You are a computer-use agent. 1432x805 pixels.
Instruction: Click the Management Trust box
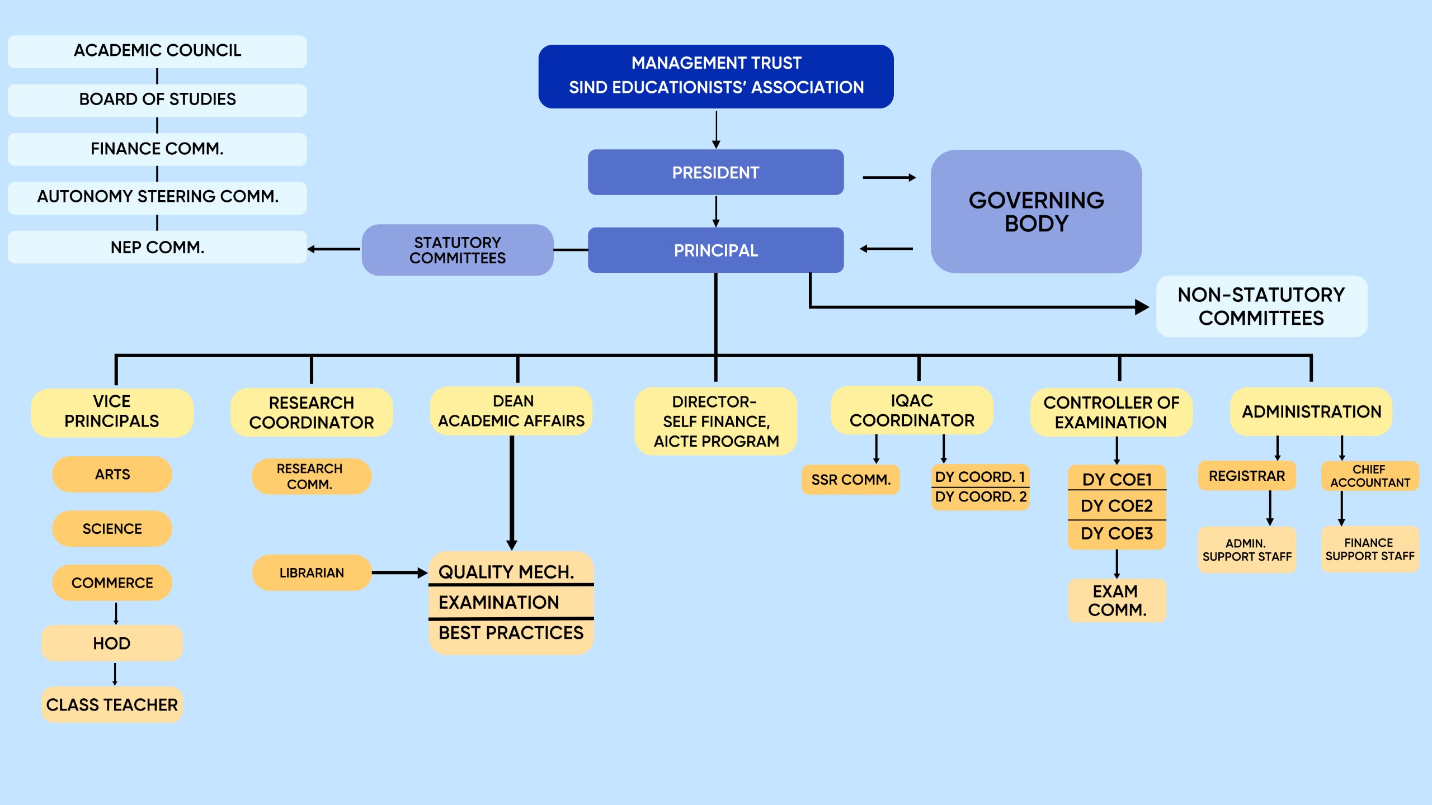(715, 76)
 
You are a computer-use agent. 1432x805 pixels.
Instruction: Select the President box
(715, 172)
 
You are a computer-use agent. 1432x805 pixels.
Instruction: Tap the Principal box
(715, 250)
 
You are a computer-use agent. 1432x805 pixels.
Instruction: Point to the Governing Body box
(1036, 211)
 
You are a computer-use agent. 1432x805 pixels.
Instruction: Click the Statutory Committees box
(457, 250)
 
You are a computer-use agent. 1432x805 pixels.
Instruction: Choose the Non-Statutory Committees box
(1261, 306)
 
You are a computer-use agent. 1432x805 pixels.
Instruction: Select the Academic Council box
(157, 51)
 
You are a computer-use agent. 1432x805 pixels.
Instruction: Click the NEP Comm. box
(157, 247)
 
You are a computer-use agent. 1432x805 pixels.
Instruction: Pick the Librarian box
(312, 572)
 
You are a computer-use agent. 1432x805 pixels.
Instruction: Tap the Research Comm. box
(311, 476)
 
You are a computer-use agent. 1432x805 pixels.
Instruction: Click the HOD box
(112, 643)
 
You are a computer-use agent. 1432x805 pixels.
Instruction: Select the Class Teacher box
(112, 704)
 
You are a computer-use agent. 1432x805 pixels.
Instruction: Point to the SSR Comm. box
(850, 480)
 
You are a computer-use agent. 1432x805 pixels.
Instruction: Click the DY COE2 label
(1117, 506)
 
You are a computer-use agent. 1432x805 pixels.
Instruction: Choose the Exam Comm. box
(1117, 600)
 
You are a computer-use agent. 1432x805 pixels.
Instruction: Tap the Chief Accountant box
(1369, 476)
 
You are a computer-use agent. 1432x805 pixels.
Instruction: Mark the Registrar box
(1246, 476)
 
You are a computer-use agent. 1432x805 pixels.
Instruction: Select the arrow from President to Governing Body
(889, 178)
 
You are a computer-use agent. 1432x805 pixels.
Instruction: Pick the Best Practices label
(511, 633)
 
